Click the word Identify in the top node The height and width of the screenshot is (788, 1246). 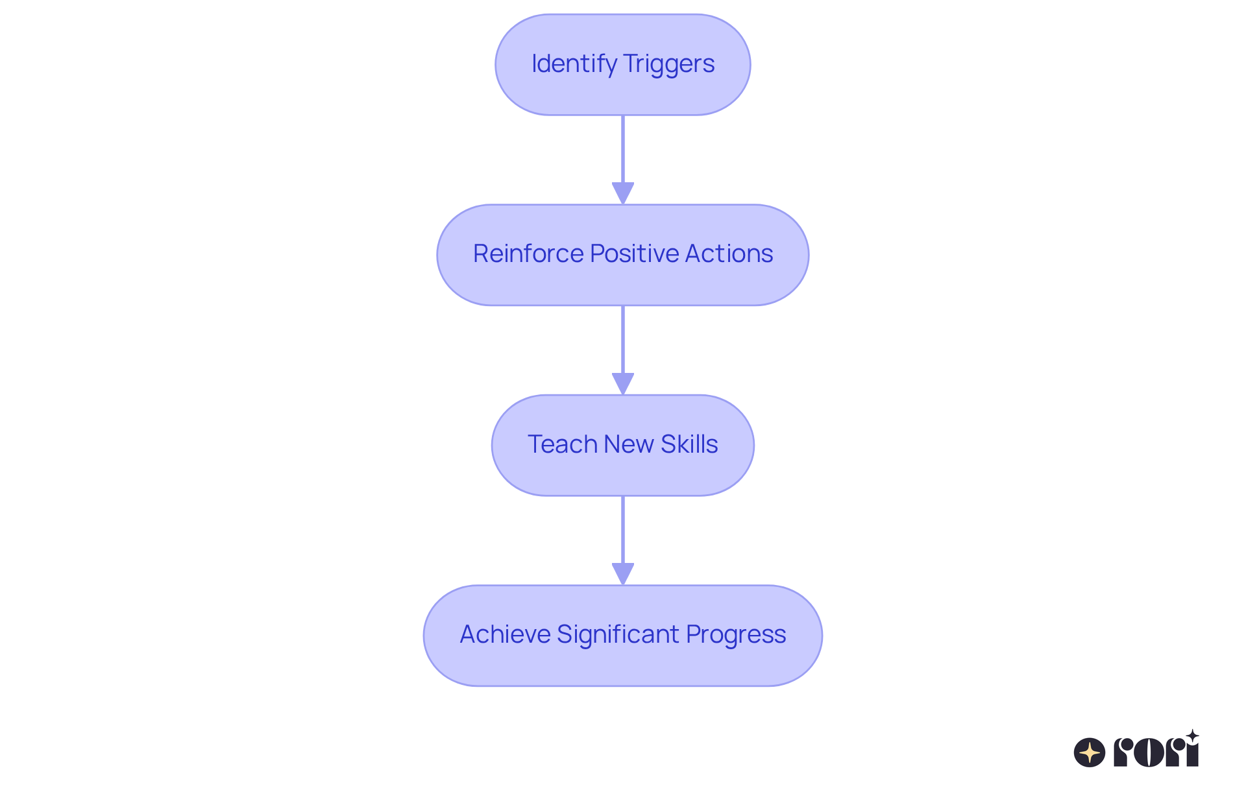click(x=574, y=64)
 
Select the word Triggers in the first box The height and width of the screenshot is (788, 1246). click(x=668, y=64)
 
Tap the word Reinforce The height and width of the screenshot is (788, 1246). click(x=528, y=254)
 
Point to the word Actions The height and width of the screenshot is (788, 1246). click(x=728, y=254)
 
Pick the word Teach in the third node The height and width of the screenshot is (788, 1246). click(x=562, y=444)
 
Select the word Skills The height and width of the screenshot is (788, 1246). click(x=689, y=444)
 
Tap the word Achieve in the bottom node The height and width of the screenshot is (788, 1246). click(x=505, y=634)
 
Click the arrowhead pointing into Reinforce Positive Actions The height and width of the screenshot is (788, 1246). click(x=623, y=193)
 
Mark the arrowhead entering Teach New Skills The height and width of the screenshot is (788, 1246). click(x=623, y=383)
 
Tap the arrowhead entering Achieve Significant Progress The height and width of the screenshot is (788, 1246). click(x=623, y=573)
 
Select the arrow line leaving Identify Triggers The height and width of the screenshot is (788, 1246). click(x=623, y=149)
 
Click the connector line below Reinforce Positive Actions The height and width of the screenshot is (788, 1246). click(x=623, y=339)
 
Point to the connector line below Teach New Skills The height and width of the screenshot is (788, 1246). click(x=623, y=529)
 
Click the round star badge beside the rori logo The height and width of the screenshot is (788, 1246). click(x=1090, y=752)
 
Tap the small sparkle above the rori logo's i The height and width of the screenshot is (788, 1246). click(x=1192, y=735)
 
